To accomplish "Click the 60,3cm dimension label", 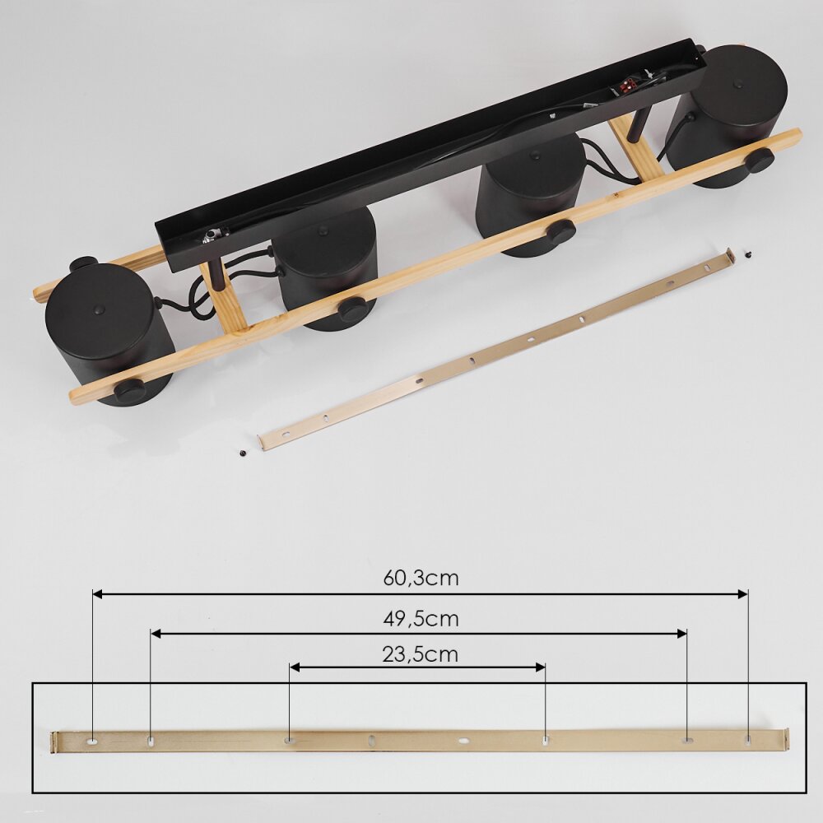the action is tap(421, 578).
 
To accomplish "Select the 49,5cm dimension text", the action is tap(421, 619).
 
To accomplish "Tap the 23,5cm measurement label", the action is tap(421, 654).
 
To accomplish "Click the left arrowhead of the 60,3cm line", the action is tap(97, 594).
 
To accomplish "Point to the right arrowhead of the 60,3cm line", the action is tap(742, 594).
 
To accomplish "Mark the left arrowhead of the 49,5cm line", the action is tap(156, 634).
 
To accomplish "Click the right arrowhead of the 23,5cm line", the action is tap(540, 667).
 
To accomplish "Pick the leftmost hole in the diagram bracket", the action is tap(92, 742).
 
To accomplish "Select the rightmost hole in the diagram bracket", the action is tap(747, 740).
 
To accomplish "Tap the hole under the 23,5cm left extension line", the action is tap(289, 741).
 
